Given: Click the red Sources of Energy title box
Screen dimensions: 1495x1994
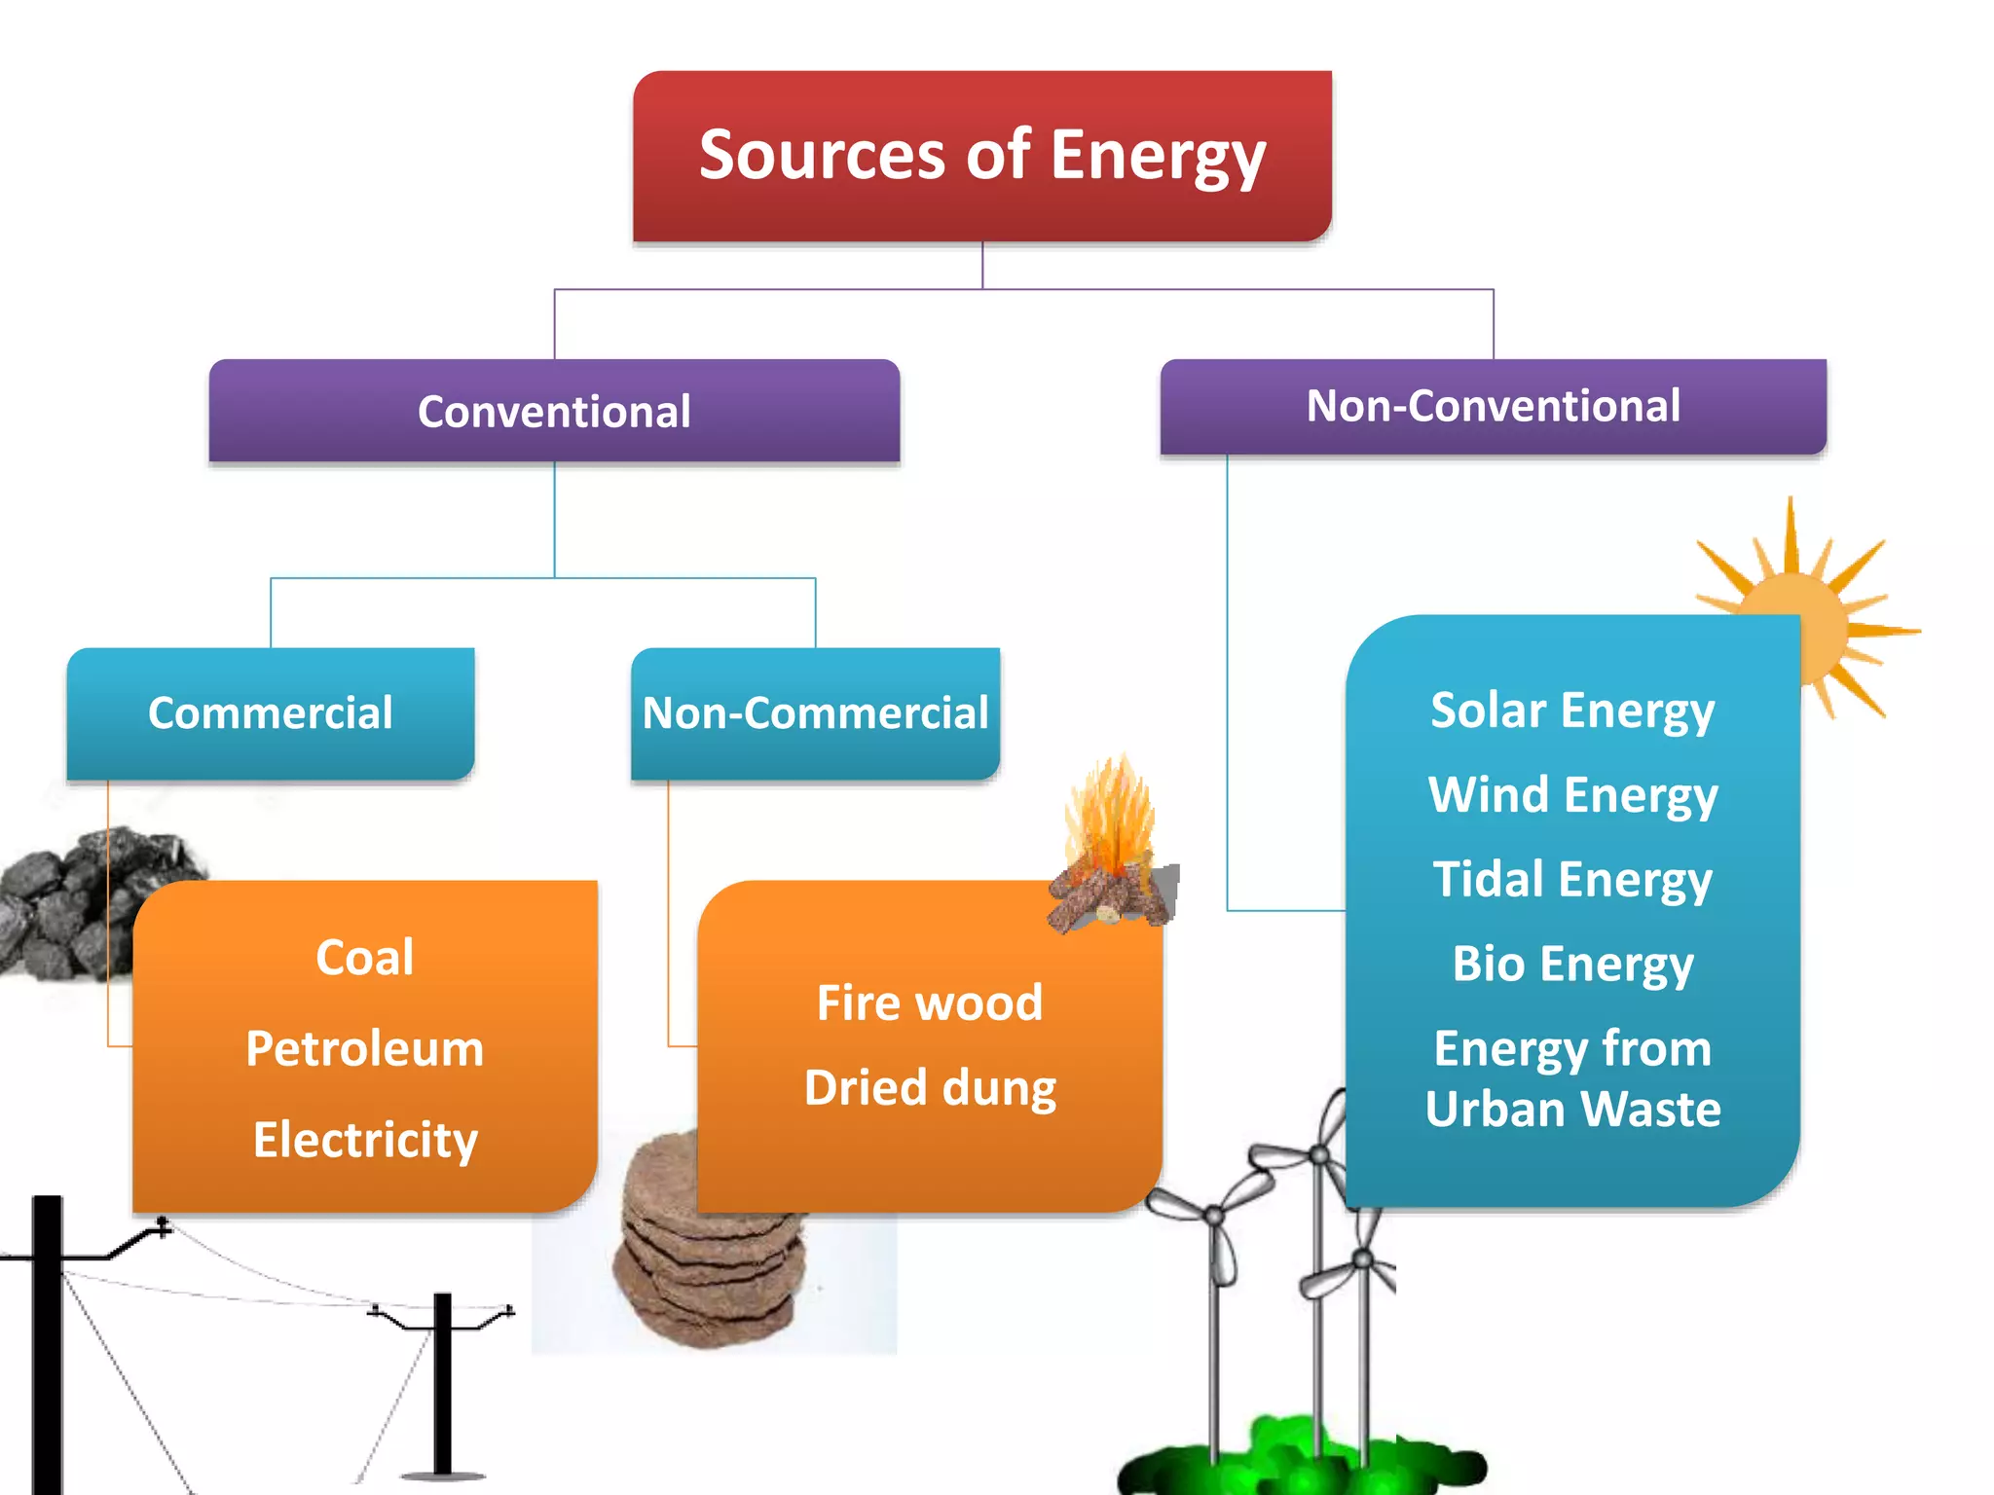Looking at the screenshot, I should pos(981,156).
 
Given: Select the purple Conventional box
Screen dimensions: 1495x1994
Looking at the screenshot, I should pos(554,411).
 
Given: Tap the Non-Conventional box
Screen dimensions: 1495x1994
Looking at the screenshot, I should pos(1493,406).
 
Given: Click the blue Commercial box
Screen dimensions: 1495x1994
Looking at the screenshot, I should pos(271,712).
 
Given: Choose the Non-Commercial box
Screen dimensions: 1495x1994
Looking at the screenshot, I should pos(815,712).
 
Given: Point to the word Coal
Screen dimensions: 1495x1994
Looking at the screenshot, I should pos(365,957).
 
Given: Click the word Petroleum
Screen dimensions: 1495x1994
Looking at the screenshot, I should pos(365,1048).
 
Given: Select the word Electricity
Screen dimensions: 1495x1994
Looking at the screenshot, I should pos(365,1140).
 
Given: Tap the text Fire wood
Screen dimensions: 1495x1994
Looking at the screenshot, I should pos(930,1003).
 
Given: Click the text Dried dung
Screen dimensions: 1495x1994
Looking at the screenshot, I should pos(930,1087).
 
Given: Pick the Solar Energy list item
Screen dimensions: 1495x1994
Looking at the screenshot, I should pos(1572,711).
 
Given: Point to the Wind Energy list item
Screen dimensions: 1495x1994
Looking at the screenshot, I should pos(1572,794).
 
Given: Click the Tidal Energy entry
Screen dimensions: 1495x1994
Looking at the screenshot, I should pos(1572,879).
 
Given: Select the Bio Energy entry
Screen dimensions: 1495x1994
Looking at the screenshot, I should pos(1572,964).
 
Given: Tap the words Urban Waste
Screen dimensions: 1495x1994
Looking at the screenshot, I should pos(1572,1109).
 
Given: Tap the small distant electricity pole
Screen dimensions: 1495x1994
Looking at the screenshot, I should pos(443,1382).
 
